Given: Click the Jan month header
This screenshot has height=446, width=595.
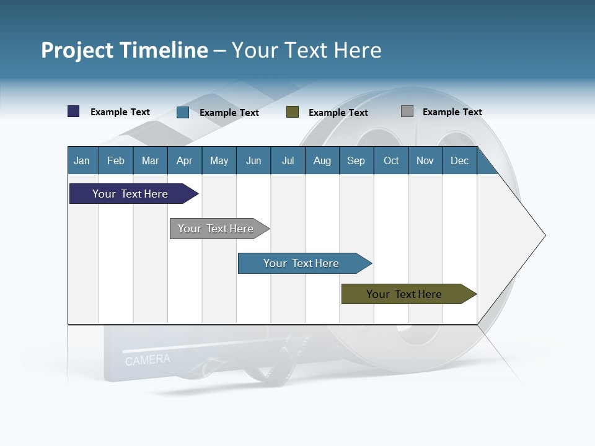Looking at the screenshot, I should tap(82, 160).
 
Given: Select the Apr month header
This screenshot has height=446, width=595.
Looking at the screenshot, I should tap(185, 160).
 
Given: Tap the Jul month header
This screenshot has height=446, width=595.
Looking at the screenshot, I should tap(288, 160).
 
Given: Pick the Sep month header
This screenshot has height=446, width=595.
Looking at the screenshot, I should tap(356, 160).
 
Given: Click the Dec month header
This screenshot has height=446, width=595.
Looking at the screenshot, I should tap(459, 160).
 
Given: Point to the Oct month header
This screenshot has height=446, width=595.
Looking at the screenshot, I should tap(391, 160).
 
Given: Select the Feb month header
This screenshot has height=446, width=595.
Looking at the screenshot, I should tap(116, 160).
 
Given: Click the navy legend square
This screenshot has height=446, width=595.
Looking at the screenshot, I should tap(74, 111).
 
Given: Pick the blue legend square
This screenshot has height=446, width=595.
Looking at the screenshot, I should tap(183, 112).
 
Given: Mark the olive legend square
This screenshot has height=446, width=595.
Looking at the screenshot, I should tap(293, 112).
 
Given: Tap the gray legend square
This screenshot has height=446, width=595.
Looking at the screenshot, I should tap(407, 111).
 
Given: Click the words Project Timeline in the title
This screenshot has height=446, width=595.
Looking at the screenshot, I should tap(124, 50).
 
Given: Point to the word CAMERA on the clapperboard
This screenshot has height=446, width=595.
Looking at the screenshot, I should tap(148, 360).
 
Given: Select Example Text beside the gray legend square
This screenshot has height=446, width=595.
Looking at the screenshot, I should tap(452, 112).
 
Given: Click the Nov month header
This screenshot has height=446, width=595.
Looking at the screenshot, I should tap(425, 160).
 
